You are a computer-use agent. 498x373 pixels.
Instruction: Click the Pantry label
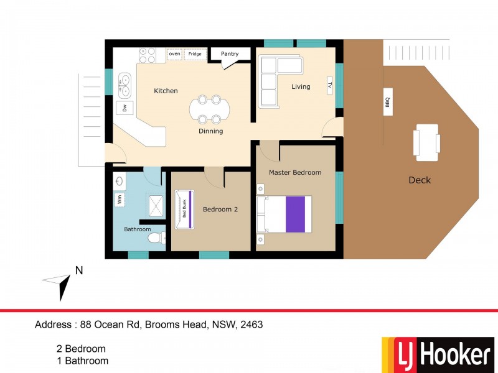pos(230,54)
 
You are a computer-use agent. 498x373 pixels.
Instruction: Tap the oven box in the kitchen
pos(174,54)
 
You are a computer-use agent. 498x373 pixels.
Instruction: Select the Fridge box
pos(195,54)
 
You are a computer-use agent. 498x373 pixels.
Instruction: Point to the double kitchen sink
pos(125,85)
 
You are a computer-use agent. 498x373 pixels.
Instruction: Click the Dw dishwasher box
pos(125,107)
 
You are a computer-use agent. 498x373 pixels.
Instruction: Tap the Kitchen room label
pos(166,91)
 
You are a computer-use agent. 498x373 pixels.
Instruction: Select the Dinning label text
pos(210,131)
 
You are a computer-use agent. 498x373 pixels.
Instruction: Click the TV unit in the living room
pos(330,86)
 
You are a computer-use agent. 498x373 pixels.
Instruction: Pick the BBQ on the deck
pos(387,101)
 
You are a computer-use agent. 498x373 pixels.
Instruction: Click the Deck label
pos(420,180)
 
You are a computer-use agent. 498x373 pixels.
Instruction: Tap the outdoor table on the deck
pos(427,140)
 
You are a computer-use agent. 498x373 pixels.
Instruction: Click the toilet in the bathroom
pos(153,237)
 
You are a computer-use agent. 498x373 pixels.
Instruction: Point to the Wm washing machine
pos(119,200)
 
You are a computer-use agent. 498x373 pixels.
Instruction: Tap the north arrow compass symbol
pos(61,281)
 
